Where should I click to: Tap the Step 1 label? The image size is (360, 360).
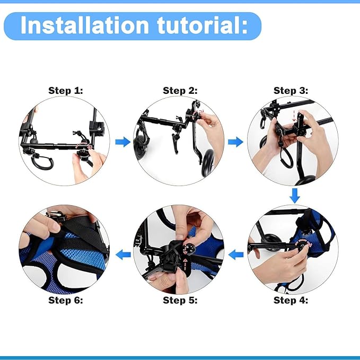(66, 90)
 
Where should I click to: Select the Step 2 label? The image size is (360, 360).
(180, 90)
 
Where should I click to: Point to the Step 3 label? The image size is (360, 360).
(291, 90)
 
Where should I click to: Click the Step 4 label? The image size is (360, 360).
(291, 300)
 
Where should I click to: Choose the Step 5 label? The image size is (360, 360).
(180, 300)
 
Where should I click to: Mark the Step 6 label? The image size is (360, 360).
(66, 300)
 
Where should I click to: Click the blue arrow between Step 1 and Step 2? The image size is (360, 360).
(123, 142)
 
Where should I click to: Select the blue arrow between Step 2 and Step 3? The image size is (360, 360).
(236, 142)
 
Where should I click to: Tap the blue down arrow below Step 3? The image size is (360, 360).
(295, 197)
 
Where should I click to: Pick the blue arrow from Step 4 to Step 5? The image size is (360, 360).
(236, 254)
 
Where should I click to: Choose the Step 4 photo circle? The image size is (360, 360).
(293, 249)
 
